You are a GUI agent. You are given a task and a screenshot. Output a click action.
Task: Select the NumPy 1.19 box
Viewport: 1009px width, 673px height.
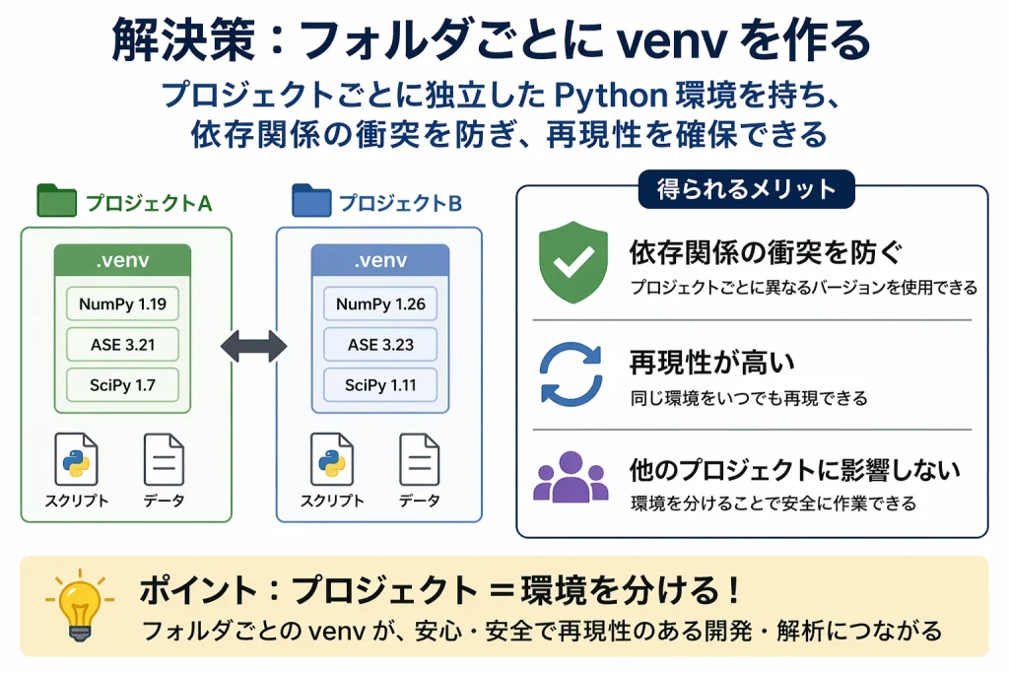(123, 303)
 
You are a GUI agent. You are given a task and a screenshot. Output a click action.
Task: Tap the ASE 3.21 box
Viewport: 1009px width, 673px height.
(123, 344)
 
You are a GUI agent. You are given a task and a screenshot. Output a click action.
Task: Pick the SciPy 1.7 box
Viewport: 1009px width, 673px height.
(123, 384)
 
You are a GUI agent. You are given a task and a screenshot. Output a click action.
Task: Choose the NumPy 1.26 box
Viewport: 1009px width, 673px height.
(380, 303)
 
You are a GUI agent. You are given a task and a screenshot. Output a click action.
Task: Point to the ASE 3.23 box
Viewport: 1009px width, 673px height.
(380, 344)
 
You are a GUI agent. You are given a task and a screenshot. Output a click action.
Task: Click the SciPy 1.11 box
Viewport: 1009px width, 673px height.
(380, 384)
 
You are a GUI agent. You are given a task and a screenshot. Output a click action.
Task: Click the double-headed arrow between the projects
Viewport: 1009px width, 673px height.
(253, 345)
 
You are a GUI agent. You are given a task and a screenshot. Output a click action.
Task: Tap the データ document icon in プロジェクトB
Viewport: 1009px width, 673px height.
(419, 460)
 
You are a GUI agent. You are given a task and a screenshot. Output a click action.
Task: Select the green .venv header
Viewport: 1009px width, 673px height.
(123, 262)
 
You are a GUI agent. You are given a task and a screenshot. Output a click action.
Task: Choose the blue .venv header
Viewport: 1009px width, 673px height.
(380, 262)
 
